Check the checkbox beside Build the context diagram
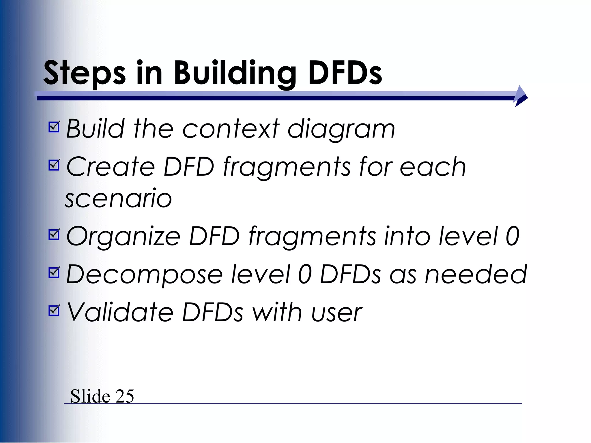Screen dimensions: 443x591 (x=54, y=127)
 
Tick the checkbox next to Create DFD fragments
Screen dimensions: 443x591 (x=54, y=165)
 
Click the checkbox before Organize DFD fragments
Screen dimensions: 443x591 (x=54, y=234)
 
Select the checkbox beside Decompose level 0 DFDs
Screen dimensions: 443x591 (x=54, y=273)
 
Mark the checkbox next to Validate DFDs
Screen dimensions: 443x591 (x=54, y=311)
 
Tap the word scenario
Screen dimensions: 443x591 (x=118, y=198)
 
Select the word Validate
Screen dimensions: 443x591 (x=120, y=312)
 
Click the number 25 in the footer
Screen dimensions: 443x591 (x=125, y=396)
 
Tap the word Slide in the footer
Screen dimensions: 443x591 (x=90, y=396)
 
